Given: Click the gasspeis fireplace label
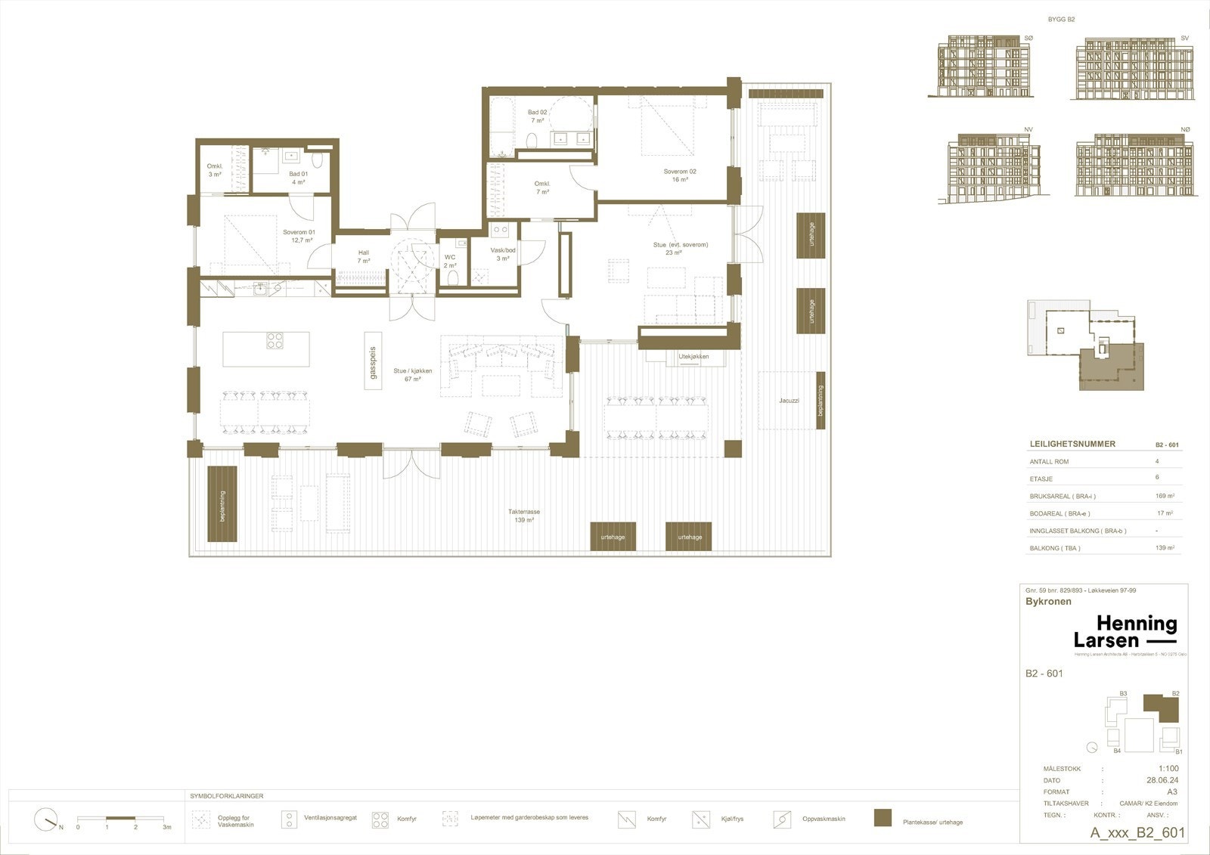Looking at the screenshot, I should (x=372, y=361).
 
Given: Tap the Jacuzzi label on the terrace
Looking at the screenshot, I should (x=789, y=400).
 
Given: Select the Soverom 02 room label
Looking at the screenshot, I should (x=679, y=175).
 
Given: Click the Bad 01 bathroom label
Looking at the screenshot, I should (x=298, y=178).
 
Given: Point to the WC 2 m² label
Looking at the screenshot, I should (x=450, y=261).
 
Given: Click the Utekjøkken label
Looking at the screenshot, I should (x=693, y=356).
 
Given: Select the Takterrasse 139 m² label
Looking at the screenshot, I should (x=523, y=516).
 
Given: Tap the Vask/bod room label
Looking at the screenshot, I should (x=503, y=254).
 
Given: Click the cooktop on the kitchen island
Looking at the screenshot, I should (x=275, y=341).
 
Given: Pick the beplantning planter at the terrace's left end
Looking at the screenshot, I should (x=222, y=503).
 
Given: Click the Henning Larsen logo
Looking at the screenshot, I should (x=1125, y=632).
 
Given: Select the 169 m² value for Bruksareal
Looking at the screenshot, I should (x=1165, y=497).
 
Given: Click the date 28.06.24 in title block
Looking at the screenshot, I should (x=1162, y=780).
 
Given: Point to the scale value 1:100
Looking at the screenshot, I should (x=1168, y=769).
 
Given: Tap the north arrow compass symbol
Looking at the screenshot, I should (x=47, y=819).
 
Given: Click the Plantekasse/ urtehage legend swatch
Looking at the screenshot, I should (x=882, y=819).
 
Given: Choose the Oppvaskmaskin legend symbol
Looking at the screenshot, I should (x=782, y=819).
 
